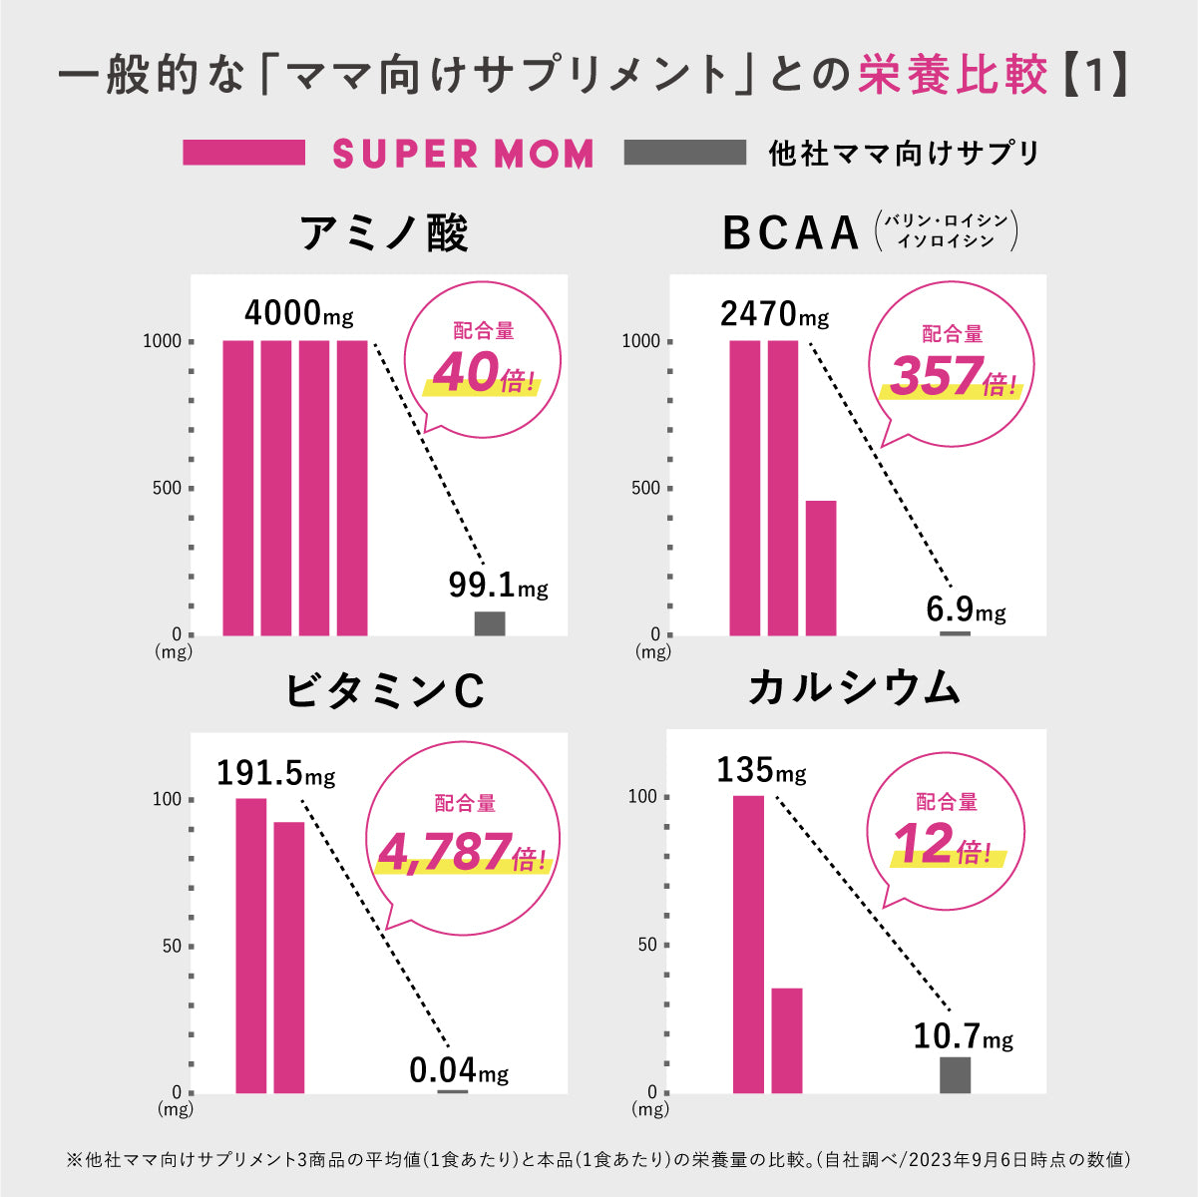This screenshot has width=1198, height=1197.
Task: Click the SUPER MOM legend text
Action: tap(463, 154)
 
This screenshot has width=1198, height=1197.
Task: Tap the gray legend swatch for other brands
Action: tap(684, 153)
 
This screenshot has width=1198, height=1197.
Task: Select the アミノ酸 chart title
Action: tap(384, 233)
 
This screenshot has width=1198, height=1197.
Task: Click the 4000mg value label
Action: tap(298, 313)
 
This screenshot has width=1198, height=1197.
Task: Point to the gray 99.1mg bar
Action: tap(490, 623)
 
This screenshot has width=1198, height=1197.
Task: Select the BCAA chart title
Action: tap(790, 233)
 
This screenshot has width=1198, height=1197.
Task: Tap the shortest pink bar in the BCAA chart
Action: tap(821, 567)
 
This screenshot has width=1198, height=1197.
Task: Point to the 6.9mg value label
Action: tap(966, 608)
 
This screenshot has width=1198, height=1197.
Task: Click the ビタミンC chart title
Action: tap(385, 690)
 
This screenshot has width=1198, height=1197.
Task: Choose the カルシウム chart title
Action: tap(854, 688)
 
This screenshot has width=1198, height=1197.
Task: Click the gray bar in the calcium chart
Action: tap(955, 1074)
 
